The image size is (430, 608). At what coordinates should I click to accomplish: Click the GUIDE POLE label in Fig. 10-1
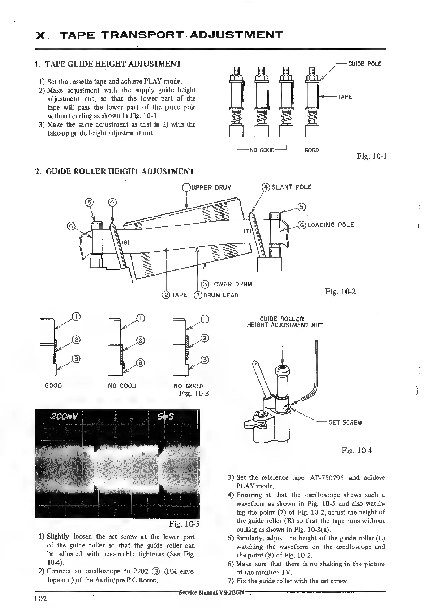click(364, 64)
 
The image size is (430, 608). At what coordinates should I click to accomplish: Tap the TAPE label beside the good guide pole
click(345, 97)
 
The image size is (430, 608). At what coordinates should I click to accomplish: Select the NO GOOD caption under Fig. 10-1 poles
click(262, 150)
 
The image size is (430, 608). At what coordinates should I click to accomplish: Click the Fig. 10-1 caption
click(372, 156)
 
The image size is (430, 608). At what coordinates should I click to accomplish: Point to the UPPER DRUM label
click(211, 187)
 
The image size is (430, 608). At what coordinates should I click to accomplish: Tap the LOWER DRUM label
click(231, 284)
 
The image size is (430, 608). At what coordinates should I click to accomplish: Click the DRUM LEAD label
click(220, 295)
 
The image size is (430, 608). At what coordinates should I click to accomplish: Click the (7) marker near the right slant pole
click(248, 230)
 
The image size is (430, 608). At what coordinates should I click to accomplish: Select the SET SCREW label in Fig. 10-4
click(345, 422)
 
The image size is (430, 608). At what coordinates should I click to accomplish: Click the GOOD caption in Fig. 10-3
click(53, 386)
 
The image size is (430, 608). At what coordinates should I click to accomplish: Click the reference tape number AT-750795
click(326, 477)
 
